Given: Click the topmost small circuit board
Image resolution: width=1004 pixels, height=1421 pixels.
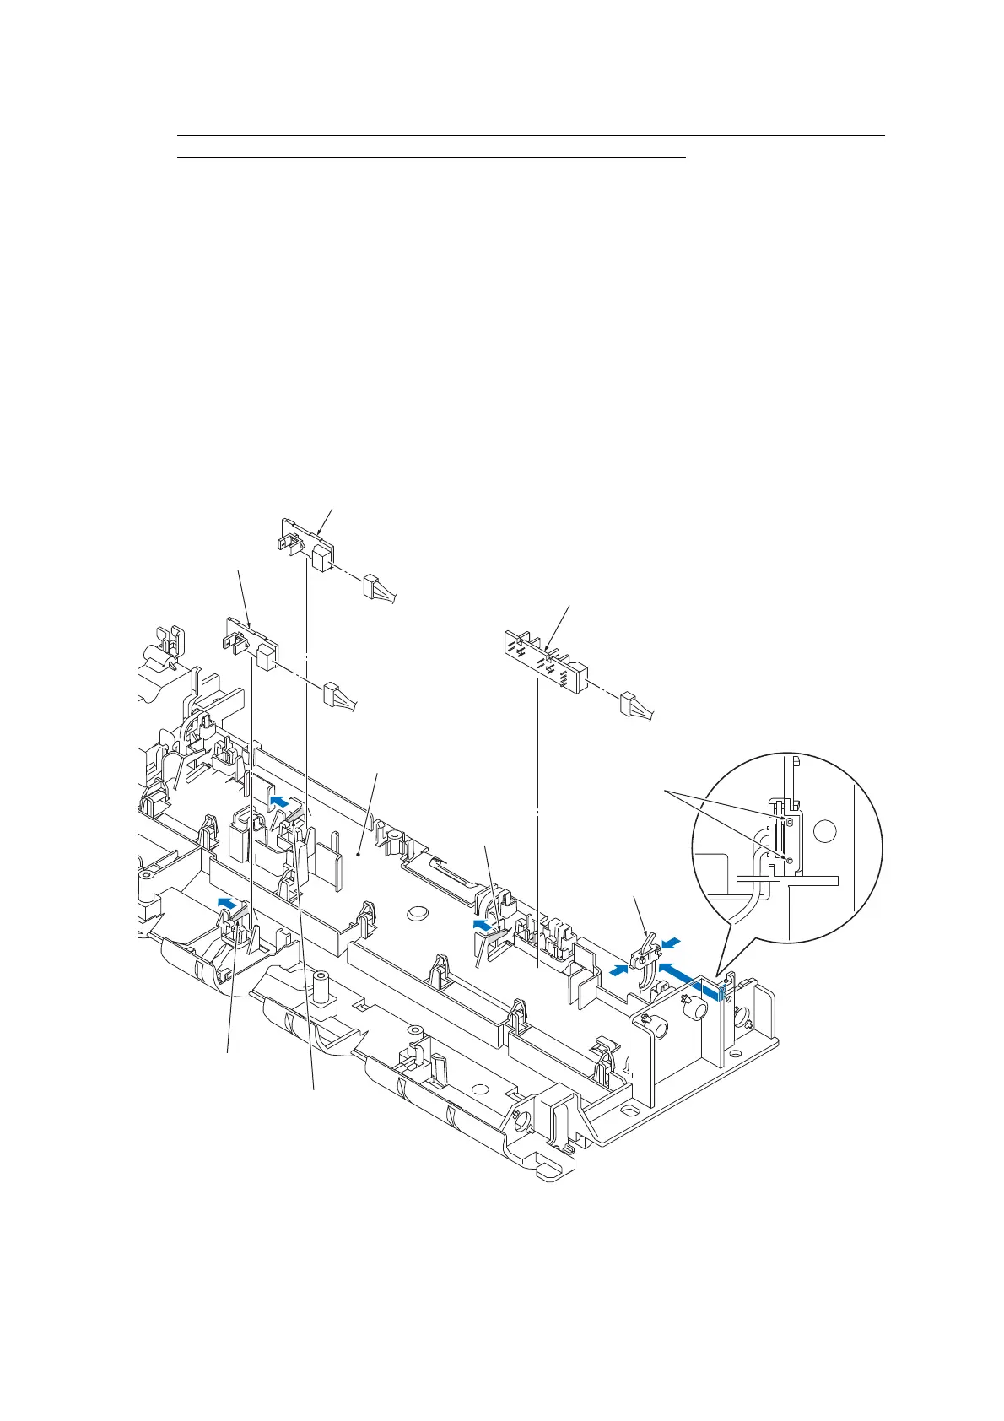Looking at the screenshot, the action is tap(305, 541).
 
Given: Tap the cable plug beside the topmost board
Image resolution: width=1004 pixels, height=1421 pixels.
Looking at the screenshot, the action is tap(375, 588).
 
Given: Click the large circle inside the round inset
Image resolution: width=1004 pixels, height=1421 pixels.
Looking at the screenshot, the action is tap(827, 830).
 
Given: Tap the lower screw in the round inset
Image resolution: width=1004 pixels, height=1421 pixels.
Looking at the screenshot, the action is tap(789, 860).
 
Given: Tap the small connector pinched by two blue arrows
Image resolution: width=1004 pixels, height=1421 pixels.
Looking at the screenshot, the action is tap(646, 954).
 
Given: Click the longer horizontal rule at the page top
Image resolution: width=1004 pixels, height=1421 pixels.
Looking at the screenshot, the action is tap(532, 135).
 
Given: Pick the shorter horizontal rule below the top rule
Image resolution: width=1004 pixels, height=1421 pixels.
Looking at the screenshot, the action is tap(432, 157).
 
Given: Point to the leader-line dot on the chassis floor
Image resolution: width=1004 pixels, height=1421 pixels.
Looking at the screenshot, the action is tap(359, 855).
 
